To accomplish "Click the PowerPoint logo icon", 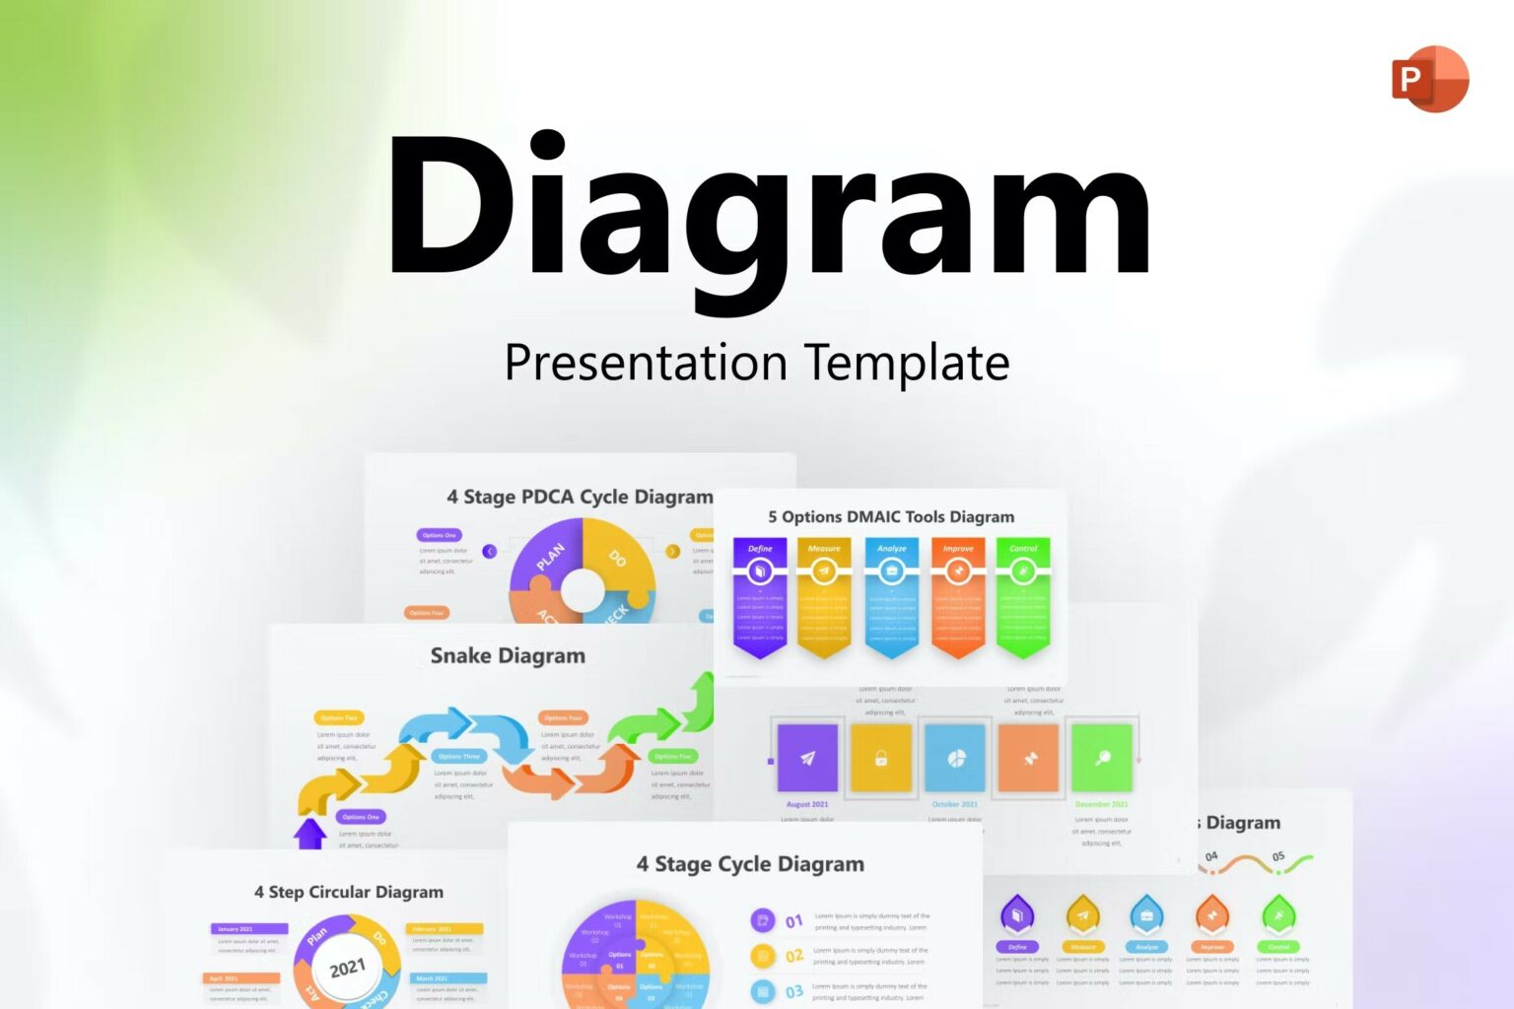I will (x=1429, y=79).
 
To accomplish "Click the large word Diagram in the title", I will (x=769, y=212).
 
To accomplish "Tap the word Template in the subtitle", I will (x=907, y=363).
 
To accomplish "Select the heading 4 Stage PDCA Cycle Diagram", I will (x=580, y=497).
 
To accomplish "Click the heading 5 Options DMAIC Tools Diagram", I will (x=891, y=516).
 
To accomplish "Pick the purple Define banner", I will (x=760, y=596).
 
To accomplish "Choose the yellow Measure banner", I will (x=824, y=596).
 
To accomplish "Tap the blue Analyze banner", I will (x=892, y=596).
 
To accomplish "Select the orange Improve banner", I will (x=958, y=596).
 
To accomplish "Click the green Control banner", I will (x=1023, y=596).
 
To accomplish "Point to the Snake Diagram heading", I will (x=508, y=655).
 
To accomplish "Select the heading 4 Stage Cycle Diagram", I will (x=750, y=864).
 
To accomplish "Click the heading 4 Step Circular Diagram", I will (x=349, y=892).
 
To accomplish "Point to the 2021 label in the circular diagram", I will (x=347, y=969).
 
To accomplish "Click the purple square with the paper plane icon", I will (x=807, y=758).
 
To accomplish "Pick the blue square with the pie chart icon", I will (x=955, y=758).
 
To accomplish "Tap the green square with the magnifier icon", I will (x=1102, y=758).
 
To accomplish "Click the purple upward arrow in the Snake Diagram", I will (x=310, y=834).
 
